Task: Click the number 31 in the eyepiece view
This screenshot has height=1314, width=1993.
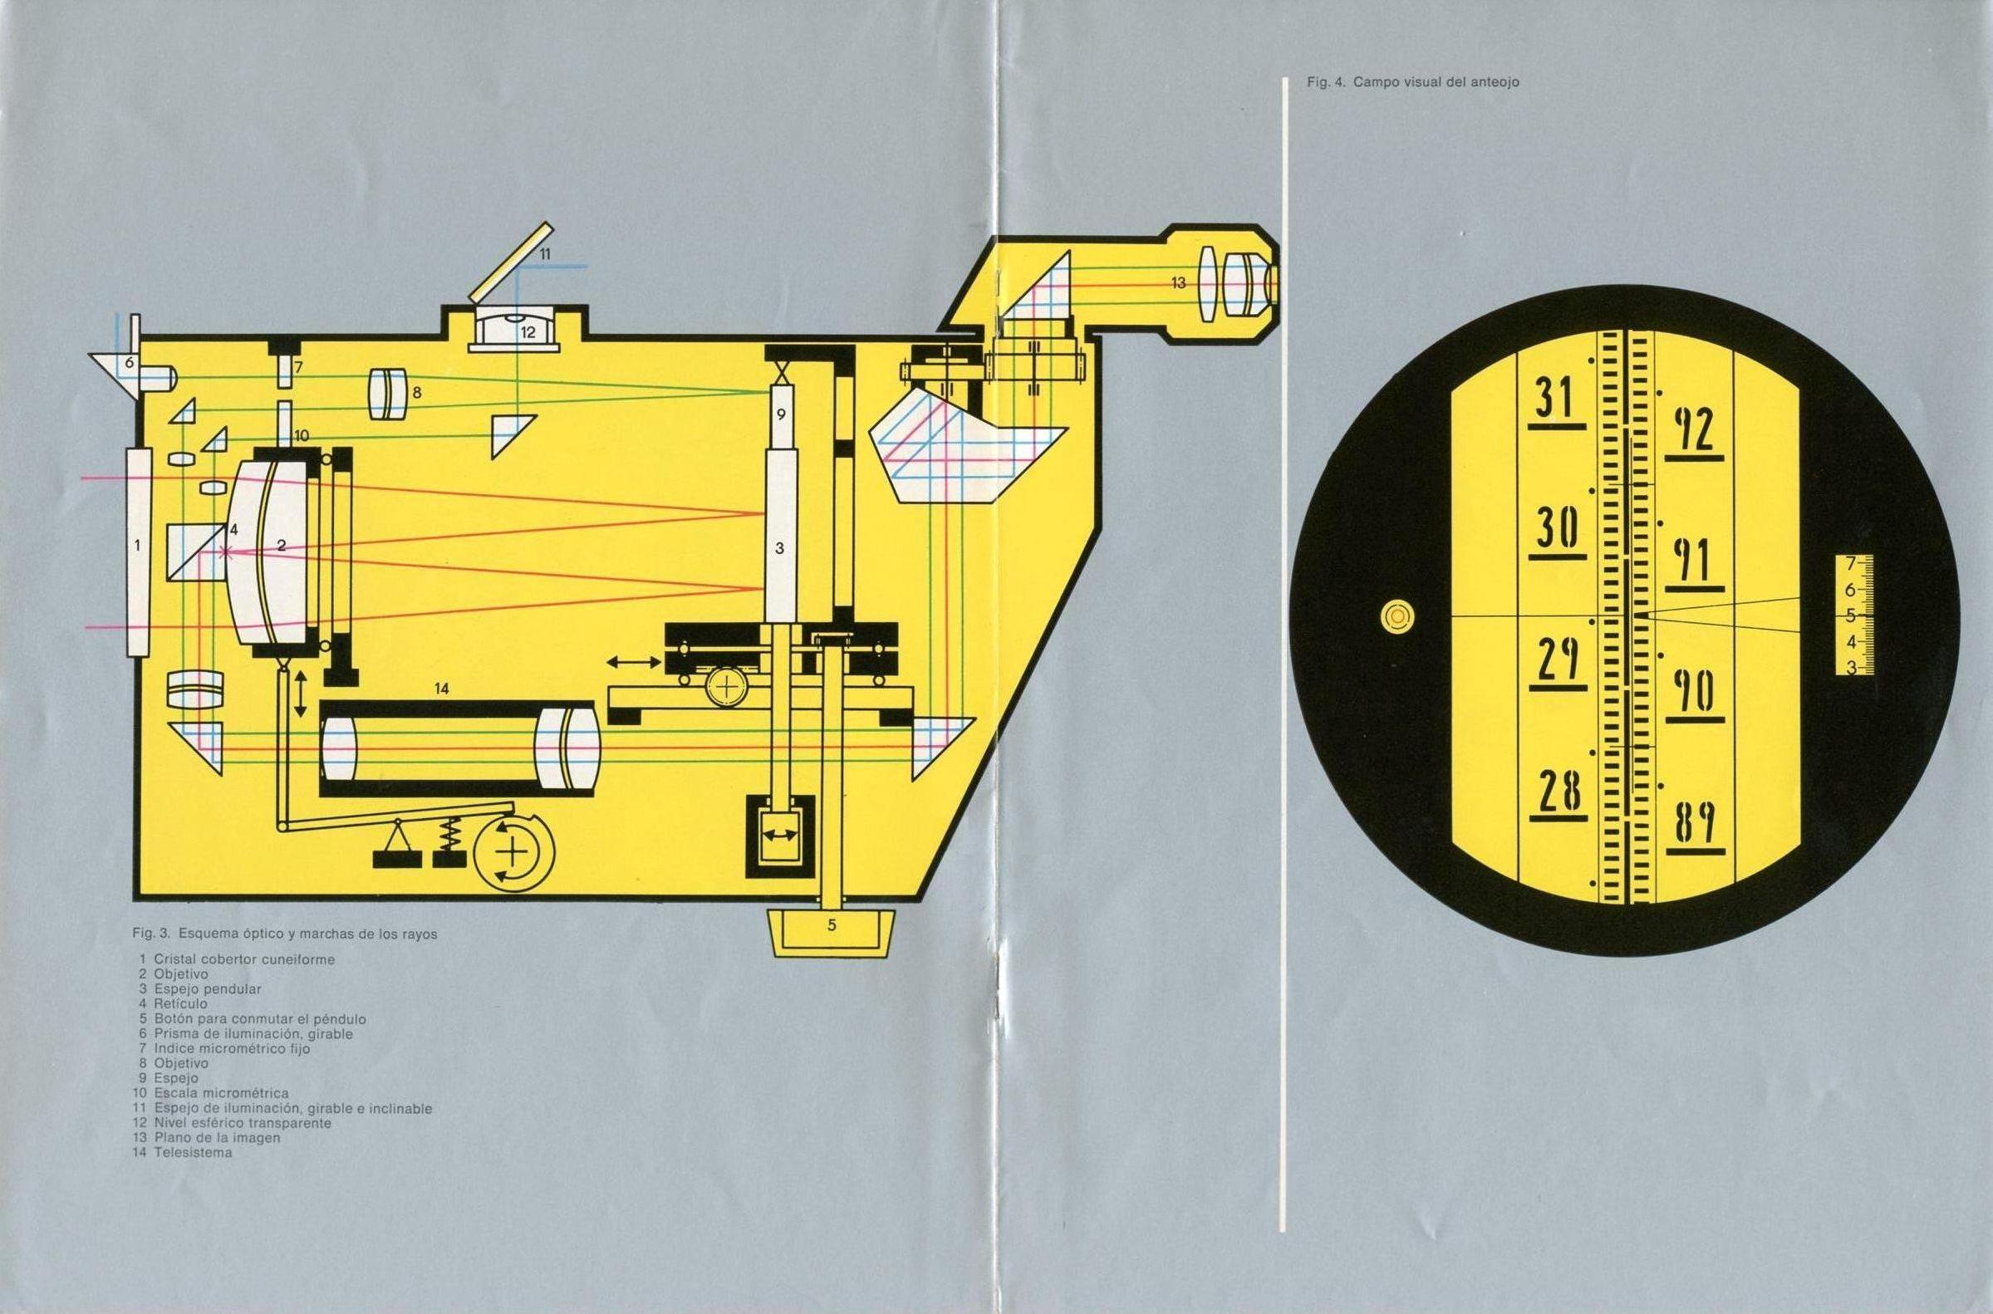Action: click(x=1556, y=400)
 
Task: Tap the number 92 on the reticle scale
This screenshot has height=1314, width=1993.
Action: click(x=1694, y=432)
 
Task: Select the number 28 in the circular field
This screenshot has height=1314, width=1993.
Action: click(x=1558, y=792)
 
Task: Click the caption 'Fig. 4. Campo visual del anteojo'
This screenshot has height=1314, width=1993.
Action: click(x=1412, y=83)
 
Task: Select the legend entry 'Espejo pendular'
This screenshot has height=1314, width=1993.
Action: click(x=207, y=989)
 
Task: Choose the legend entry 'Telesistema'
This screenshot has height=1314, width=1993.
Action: click(x=192, y=1152)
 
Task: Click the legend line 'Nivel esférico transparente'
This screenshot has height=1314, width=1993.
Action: click(x=243, y=1123)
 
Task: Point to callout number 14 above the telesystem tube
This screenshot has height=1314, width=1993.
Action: click(x=442, y=689)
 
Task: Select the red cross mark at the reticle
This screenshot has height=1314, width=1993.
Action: click(x=224, y=552)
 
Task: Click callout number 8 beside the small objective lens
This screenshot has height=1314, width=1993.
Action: click(x=416, y=391)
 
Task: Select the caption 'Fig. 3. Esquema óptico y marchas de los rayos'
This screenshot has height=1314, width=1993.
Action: click(x=284, y=934)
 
